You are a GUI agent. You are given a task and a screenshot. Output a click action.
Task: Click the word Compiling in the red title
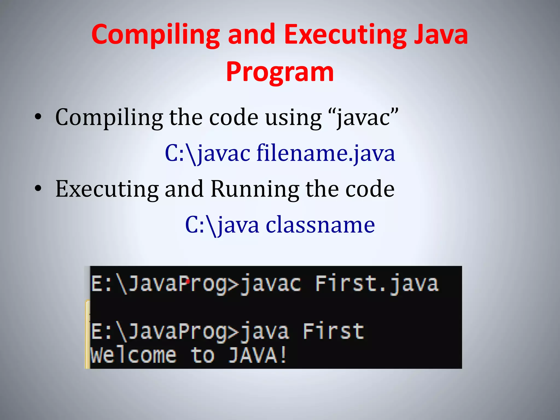(x=156, y=35)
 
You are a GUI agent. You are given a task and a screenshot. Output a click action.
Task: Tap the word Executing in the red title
(x=345, y=35)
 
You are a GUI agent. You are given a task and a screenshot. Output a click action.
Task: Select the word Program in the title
(x=280, y=72)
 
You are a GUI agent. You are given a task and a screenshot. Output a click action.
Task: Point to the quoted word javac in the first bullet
(x=364, y=118)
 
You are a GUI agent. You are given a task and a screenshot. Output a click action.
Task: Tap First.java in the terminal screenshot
(x=377, y=284)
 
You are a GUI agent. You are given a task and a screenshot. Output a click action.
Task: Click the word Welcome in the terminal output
(x=133, y=355)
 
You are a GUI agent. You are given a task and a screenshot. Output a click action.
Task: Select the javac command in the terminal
(x=270, y=284)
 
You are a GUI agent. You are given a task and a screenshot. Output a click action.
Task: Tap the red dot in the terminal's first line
(x=188, y=281)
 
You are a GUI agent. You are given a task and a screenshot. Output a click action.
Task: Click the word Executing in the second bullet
(x=107, y=189)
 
